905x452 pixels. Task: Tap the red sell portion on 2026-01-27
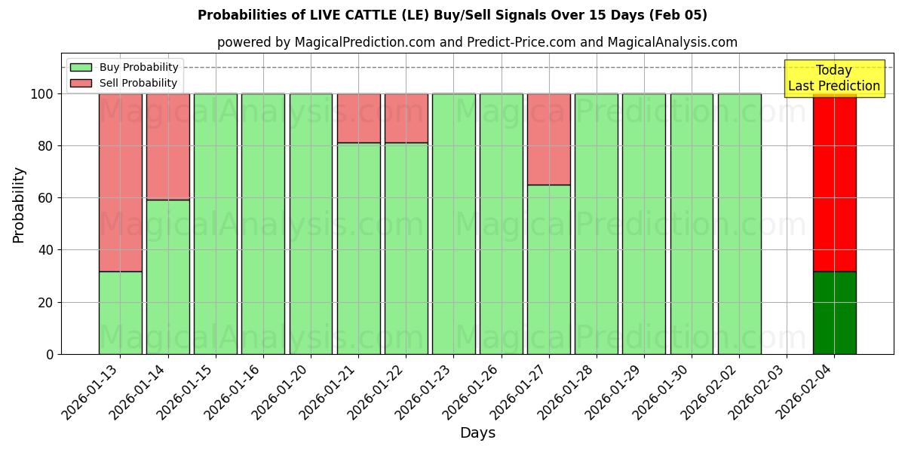pyautogui.click(x=548, y=139)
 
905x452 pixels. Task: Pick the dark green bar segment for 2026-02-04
pyautogui.click(x=834, y=313)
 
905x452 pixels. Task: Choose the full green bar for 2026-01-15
pyautogui.click(x=215, y=224)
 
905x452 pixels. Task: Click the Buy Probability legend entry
pyautogui.click(x=124, y=68)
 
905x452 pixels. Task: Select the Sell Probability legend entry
pyautogui.click(x=124, y=83)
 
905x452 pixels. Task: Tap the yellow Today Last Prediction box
pyautogui.click(x=834, y=78)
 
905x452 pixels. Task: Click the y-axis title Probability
pyautogui.click(x=19, y=205)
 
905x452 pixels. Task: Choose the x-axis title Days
pyautogui.click(x=477, y=433)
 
